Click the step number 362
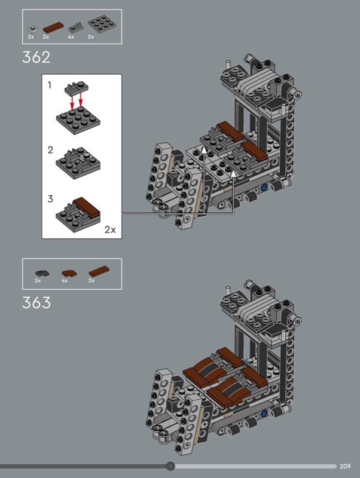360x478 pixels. click(36, 57)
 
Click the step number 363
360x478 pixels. click(36, 303)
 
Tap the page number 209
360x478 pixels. click(345, 466)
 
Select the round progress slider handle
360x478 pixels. click(170, 466)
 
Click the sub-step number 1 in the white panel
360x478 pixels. click(50, 85)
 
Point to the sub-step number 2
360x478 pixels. click(50, 150)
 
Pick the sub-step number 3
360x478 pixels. click(50, 199)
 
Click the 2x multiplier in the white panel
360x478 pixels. click(110, 229)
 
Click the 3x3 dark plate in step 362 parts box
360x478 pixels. click(102, 23)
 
